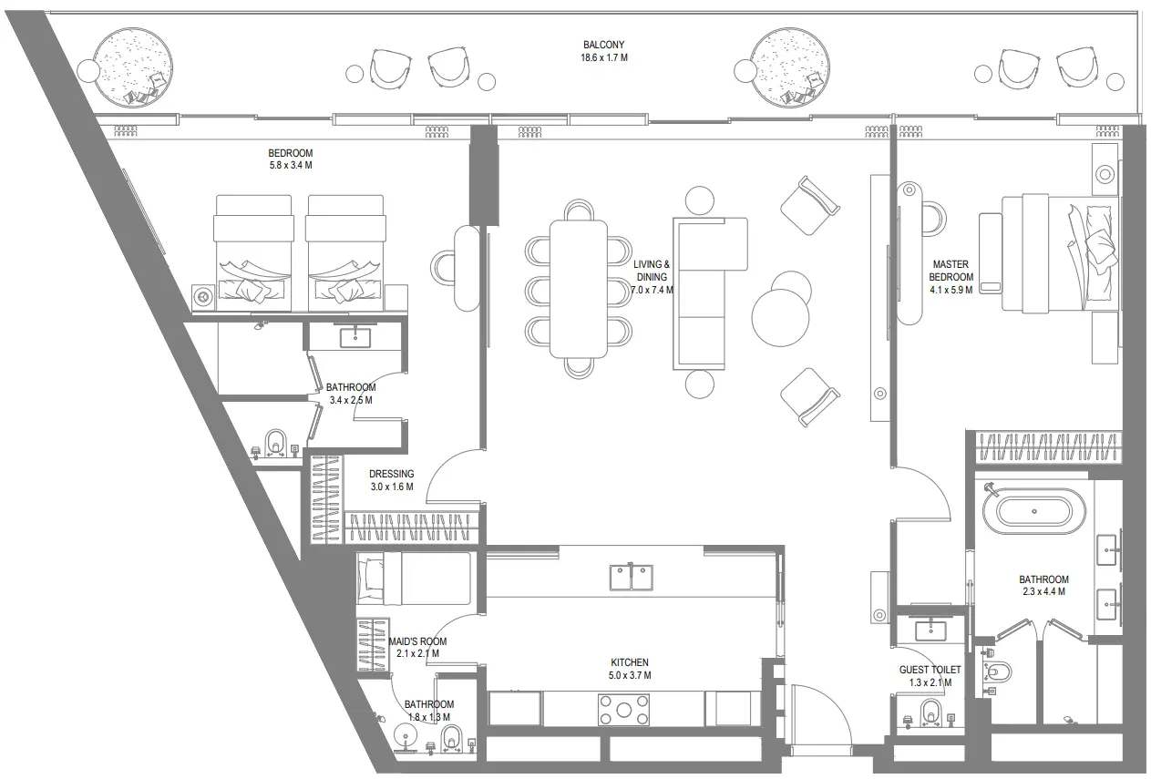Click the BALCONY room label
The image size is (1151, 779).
(603, 45)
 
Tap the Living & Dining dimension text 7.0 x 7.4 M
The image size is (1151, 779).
(652, 290)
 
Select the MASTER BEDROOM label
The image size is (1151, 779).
(951, 271)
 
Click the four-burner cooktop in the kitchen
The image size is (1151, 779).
(624, 709)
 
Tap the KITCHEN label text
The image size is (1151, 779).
(629, 662)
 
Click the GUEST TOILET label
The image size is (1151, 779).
(930, 670)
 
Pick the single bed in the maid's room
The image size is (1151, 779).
(414, 579)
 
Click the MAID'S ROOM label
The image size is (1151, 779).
(417, 641)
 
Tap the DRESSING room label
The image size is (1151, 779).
(391, 474)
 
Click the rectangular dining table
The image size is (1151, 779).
(578, 289)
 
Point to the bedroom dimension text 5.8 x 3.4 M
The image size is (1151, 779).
(290, 166)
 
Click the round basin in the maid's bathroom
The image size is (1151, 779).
(404, 735)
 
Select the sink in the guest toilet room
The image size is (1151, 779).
(929, 629)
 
